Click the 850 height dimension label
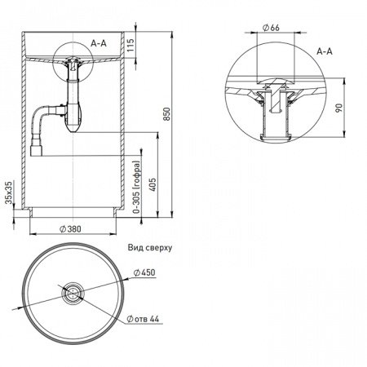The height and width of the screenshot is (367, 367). [167, 114]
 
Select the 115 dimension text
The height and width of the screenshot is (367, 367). [130, 45]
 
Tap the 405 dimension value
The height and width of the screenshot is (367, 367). [153, 184]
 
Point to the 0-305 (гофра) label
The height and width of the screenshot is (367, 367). [137, 188]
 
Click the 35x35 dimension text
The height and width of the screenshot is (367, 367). [9, 192]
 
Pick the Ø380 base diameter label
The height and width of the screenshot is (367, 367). [70, 229]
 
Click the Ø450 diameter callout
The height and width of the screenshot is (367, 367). [144, 272]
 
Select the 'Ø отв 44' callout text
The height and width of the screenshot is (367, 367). [143, 319]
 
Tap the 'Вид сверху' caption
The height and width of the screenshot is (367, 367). [150, 248]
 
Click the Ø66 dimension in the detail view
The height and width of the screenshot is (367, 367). [271, 28]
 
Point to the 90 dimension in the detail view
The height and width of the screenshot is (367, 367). [338, 108]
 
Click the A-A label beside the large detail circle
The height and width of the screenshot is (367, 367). [325, 51]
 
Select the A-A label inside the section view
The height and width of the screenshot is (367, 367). [99, 43]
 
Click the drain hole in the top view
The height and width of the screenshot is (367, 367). [73, 292]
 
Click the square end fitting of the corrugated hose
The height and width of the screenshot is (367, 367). [36, 151]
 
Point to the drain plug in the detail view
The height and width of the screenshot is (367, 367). [276, 95]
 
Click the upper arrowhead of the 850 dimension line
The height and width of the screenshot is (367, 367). [171, 34]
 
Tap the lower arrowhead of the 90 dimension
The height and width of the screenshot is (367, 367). [344, 134]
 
